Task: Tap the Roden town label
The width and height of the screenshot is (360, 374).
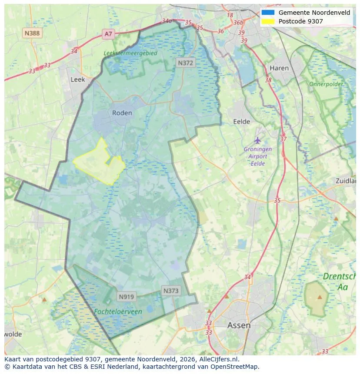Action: click(122, 113)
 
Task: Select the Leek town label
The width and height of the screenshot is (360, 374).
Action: click(78, 79)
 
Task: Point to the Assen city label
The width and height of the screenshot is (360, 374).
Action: click(239, 325)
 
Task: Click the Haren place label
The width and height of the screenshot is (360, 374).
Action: click(279, 68)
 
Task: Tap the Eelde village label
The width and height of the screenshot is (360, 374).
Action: click(242, 122)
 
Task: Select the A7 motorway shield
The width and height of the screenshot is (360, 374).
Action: click(108, 33)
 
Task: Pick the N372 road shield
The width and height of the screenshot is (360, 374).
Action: click(186, 63)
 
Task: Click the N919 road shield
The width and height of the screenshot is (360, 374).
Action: click(127, 297)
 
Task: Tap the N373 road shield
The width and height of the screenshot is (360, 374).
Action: click(171, 291)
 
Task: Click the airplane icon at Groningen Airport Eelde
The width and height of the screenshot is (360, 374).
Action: click(258, 140)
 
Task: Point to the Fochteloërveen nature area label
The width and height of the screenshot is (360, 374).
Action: click(118, 311)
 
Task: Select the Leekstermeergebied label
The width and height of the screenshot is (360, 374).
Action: click(130, 53)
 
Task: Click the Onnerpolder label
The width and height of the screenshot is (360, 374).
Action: click(326, 84)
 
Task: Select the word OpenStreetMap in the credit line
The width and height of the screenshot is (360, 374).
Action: click(237, 367)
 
